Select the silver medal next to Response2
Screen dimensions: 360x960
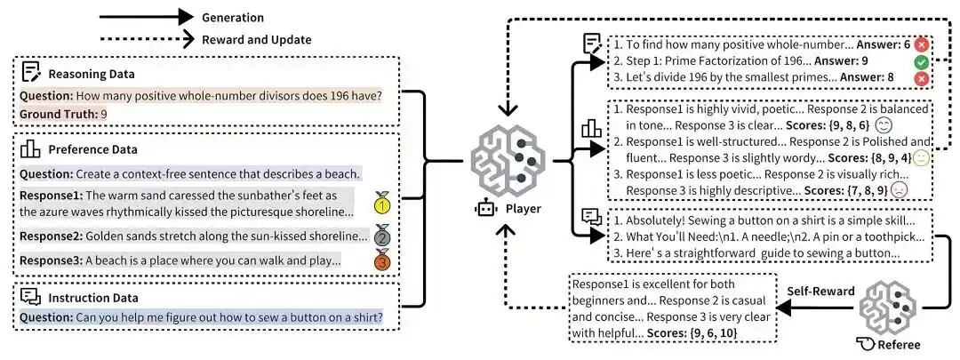click(x=381, y=236)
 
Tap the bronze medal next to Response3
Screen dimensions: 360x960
click(x=381, y=260)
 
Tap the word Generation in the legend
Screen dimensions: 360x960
click(x=233, y=16)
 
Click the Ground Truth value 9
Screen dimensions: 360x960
click(x=104, y=114)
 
